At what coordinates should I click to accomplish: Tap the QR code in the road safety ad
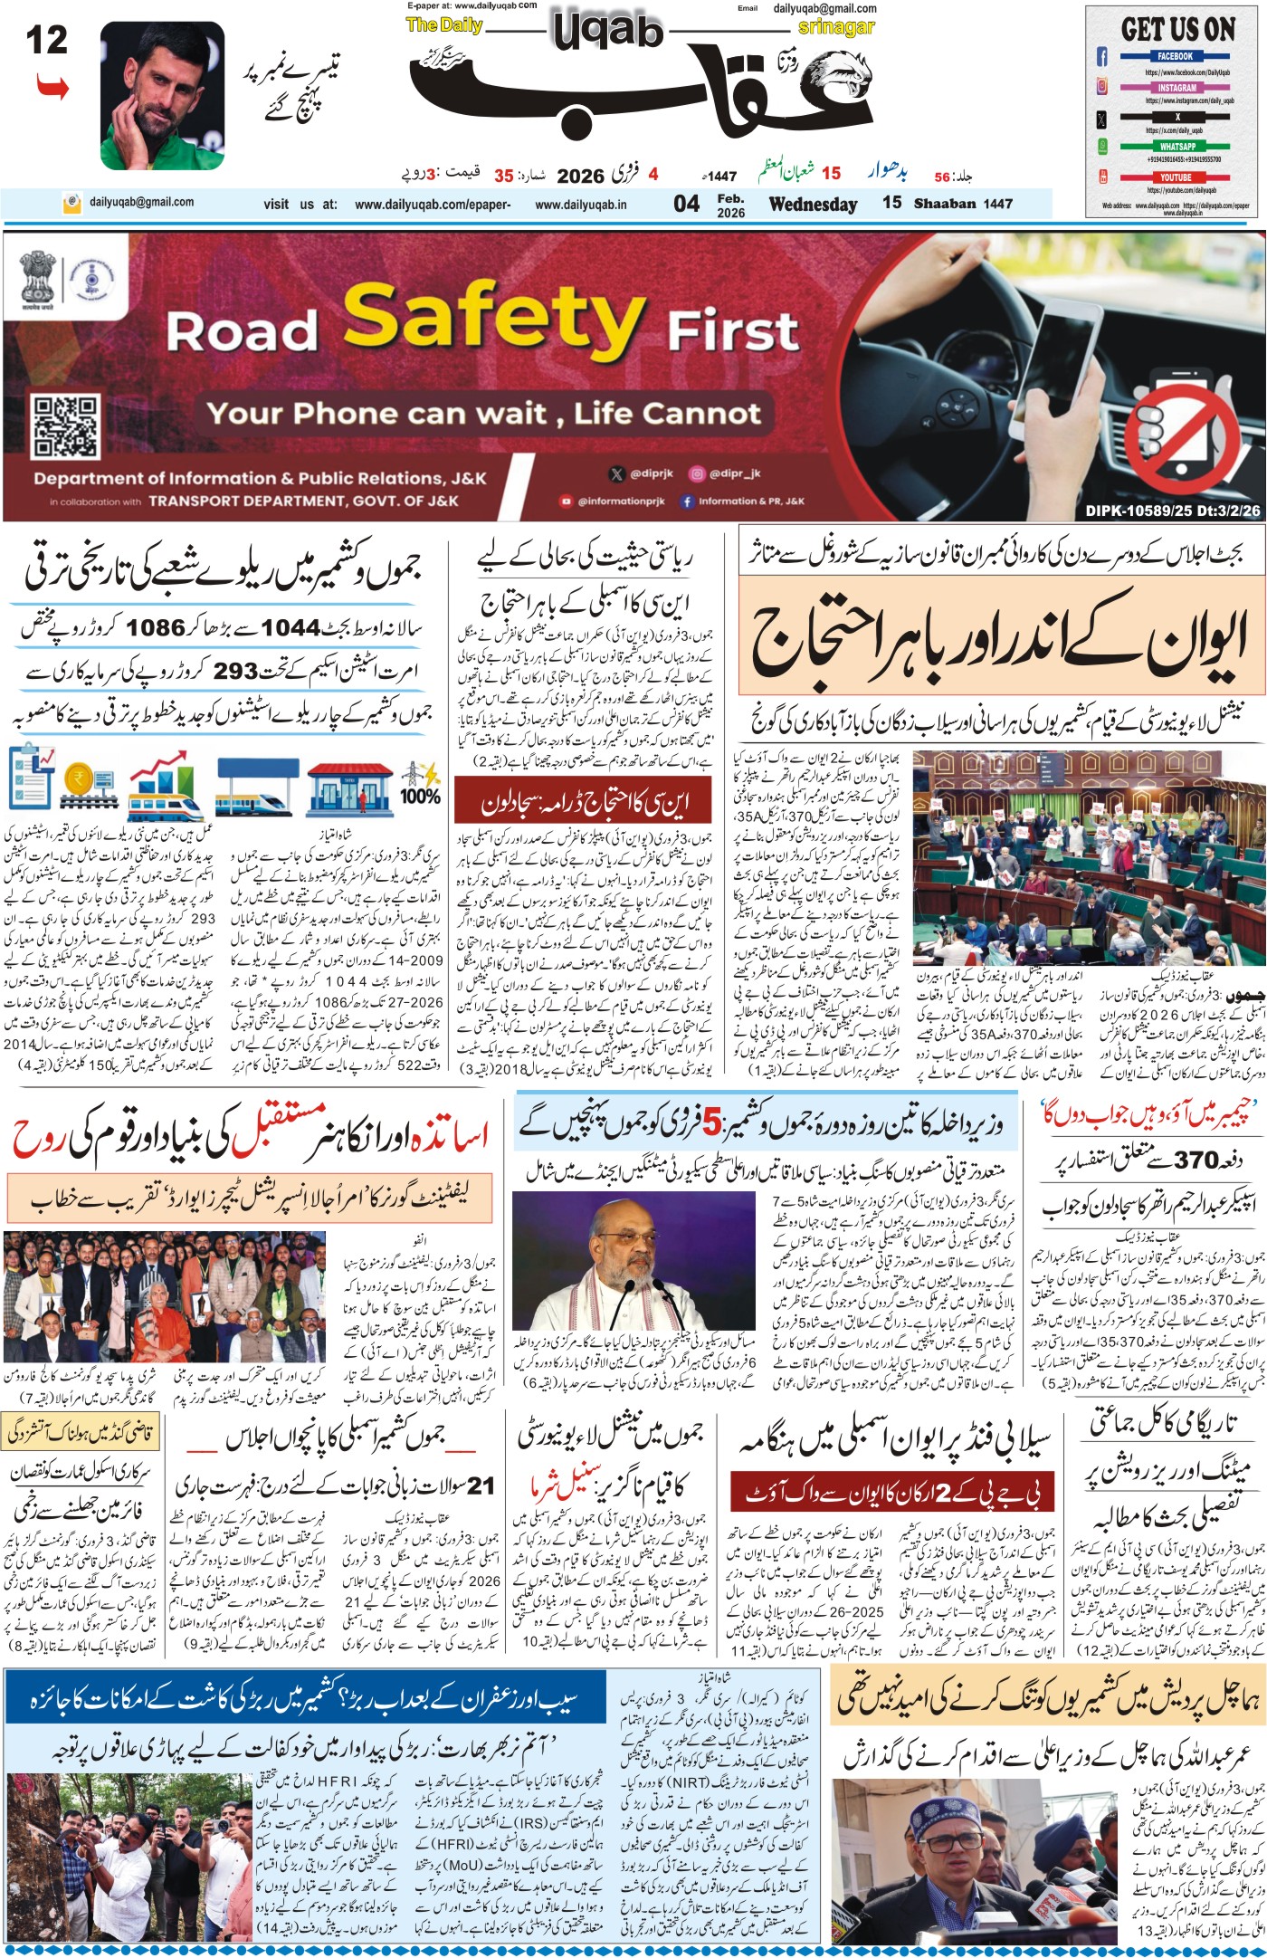(64, 425)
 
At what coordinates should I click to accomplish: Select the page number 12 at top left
(46, 41)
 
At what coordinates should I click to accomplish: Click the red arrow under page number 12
(52, 88)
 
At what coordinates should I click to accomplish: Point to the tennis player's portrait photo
(162, 95)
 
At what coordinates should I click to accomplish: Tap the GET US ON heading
(1177, 29)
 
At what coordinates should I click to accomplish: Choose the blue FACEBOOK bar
(1175, 56)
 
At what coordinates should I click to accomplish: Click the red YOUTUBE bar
(1176, 177)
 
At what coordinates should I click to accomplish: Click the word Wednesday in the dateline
(813, 204)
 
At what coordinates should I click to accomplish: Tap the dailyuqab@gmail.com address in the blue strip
(140, 203)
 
